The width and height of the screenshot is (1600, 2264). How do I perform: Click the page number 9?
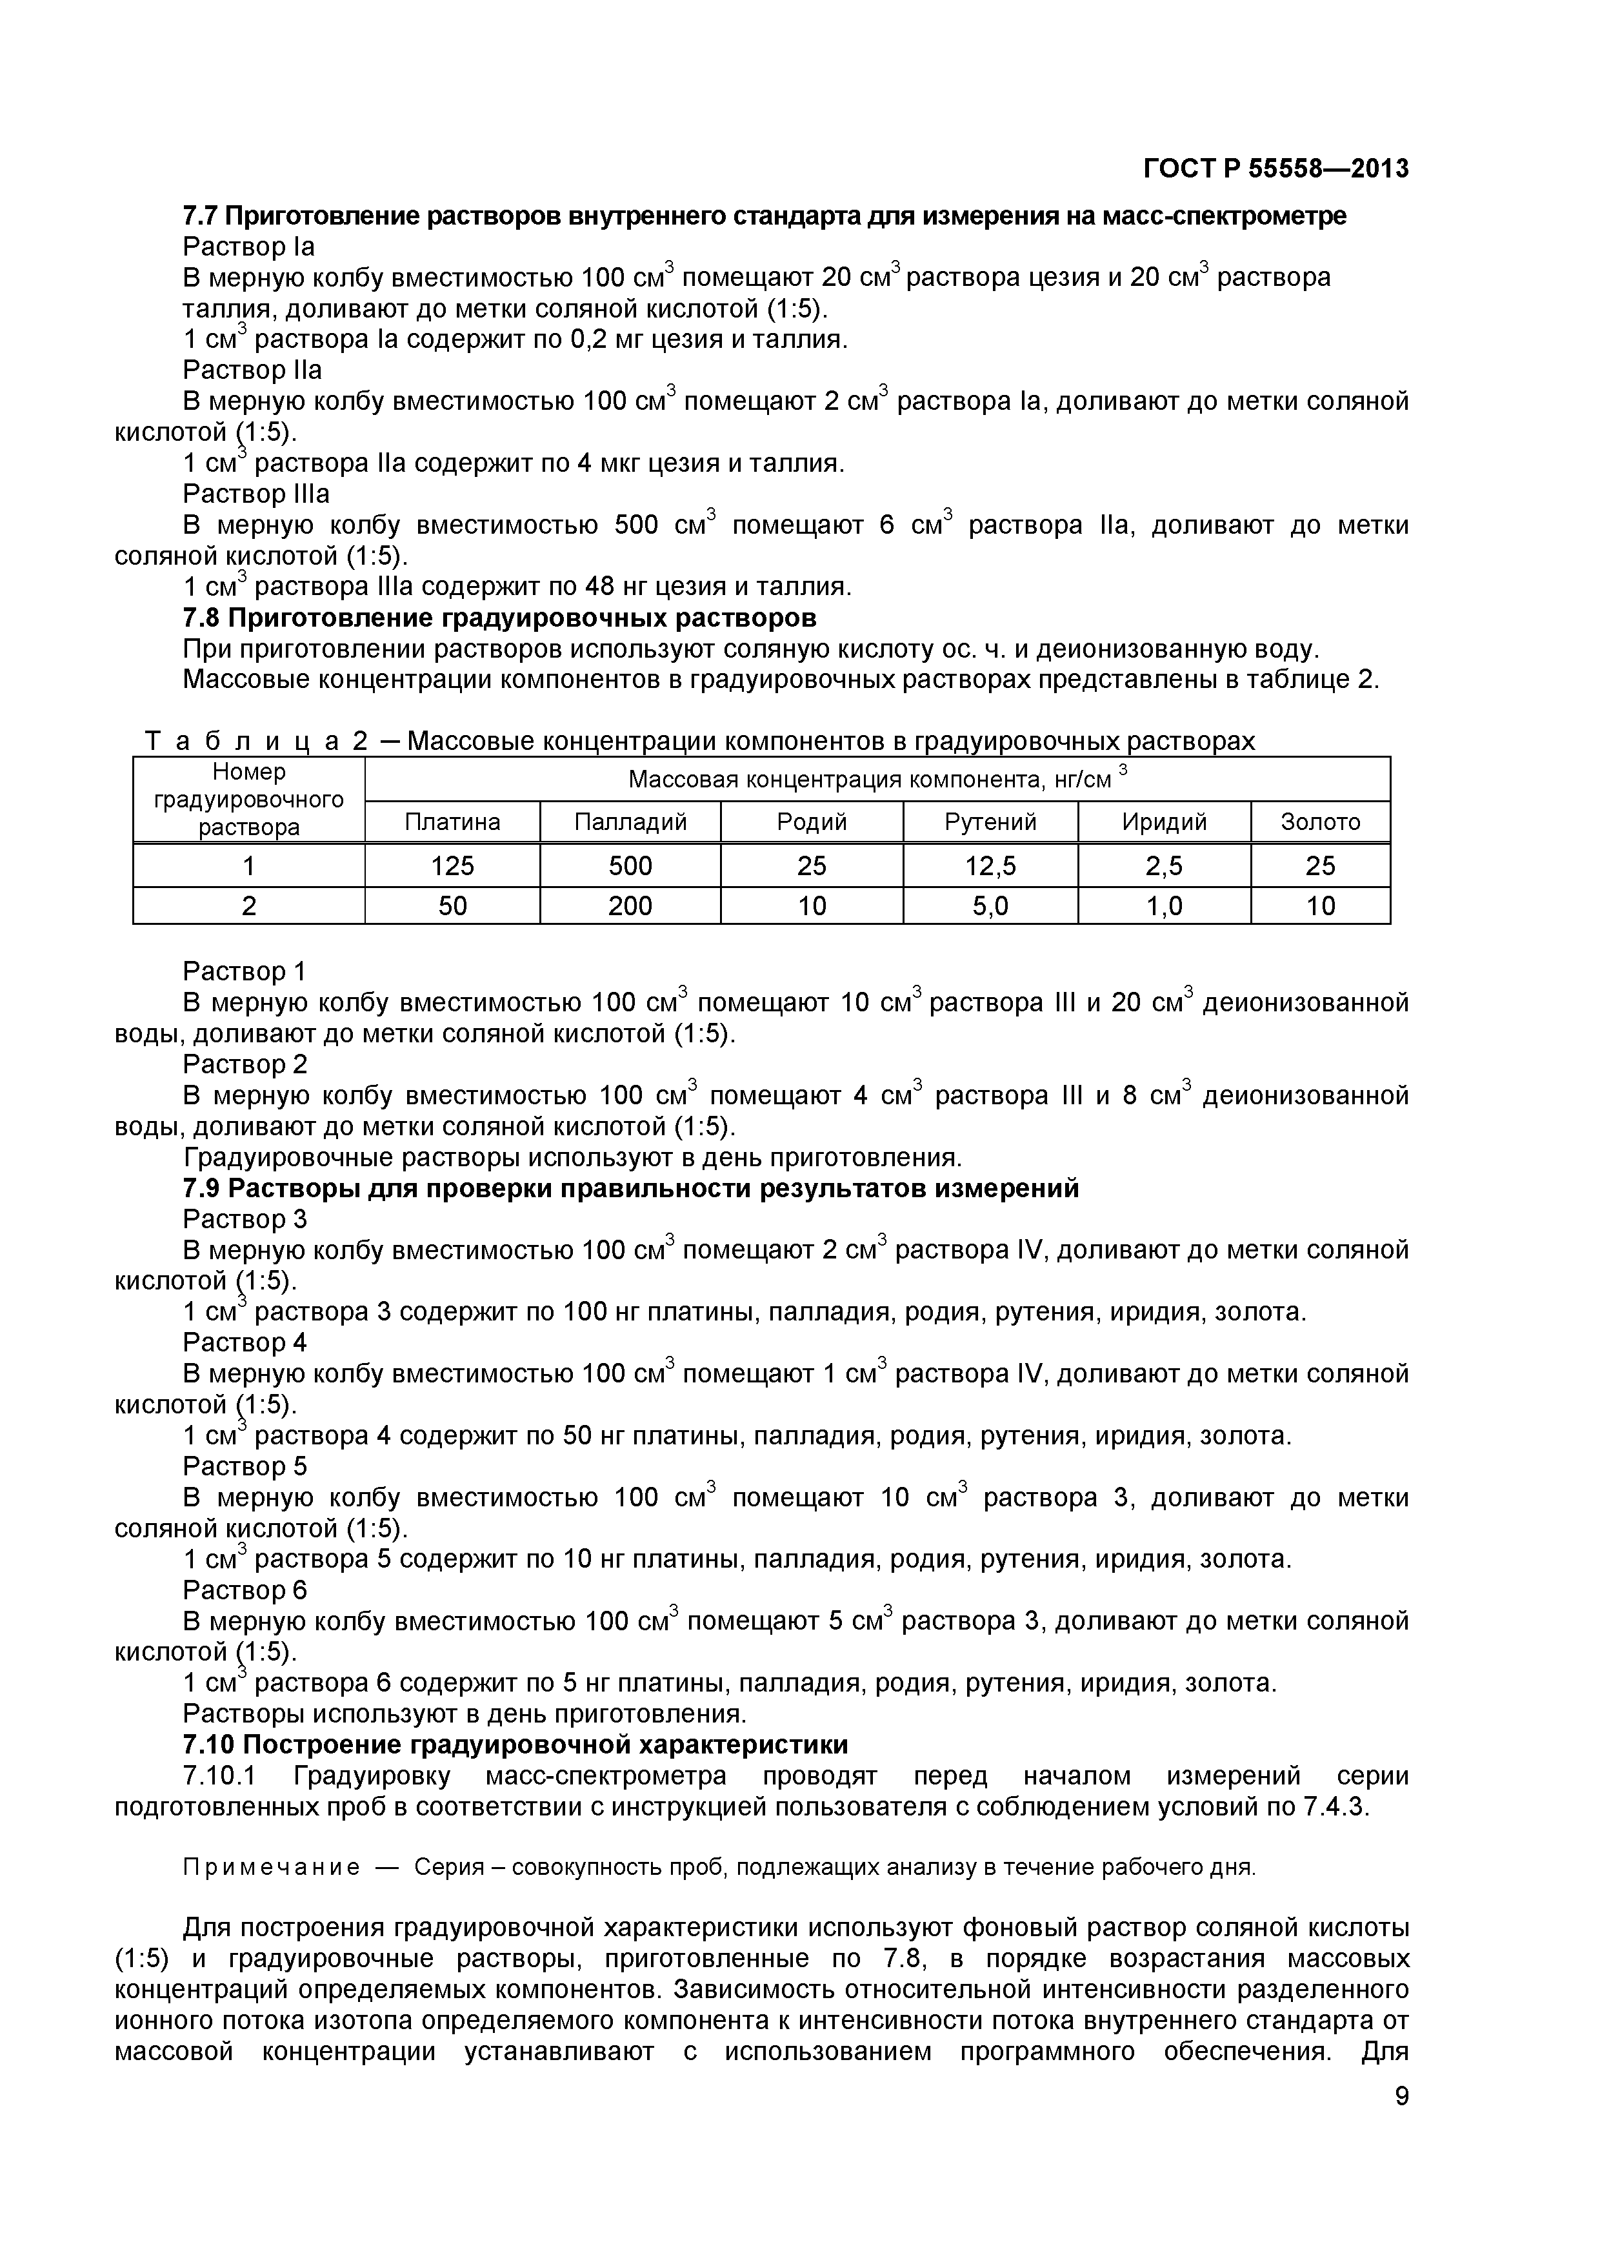point(1401,2123)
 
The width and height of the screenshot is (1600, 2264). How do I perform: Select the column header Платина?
point(452,822)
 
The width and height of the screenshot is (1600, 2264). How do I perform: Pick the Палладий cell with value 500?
point(630,865)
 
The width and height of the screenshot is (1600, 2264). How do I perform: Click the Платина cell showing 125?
point(452,865)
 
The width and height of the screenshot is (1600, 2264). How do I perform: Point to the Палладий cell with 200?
point(630,905)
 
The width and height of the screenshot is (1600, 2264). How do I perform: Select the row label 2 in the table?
point(248,905)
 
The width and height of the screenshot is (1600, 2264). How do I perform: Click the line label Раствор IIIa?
point(256,493)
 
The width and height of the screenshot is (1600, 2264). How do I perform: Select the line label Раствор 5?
point(245,1466)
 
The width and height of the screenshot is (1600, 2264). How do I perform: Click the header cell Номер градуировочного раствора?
point(248,800)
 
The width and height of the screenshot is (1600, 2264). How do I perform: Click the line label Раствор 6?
point(245,1590)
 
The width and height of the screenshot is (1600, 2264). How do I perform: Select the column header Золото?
point(1319,822)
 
